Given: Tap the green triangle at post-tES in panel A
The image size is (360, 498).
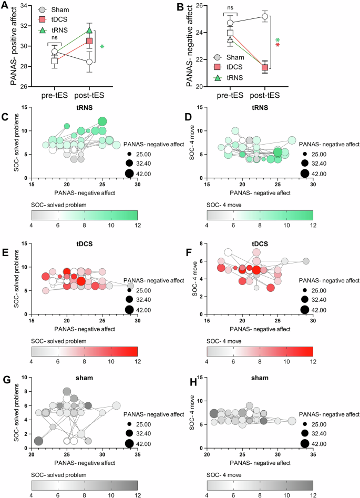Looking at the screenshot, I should [89, 31].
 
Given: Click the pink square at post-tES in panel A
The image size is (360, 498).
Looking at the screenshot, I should [89, 40].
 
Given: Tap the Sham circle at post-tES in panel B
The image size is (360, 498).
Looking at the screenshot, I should [265, 17].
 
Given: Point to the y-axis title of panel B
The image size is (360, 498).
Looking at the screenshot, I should [189, 45].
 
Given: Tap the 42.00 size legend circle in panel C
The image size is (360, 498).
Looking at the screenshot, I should [129, 174].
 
